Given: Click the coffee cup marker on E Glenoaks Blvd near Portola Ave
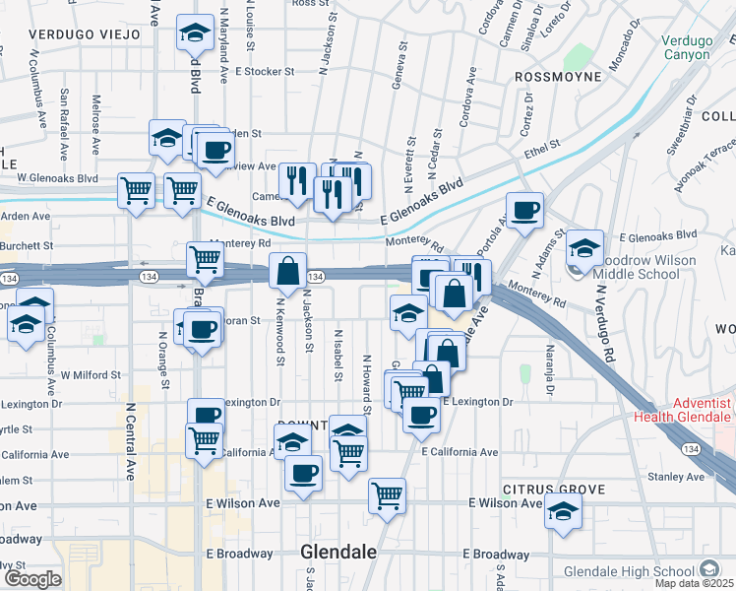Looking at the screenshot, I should (525, 211).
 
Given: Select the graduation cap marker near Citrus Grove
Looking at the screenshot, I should (563, 511).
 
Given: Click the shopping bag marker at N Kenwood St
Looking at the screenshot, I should (287, 270).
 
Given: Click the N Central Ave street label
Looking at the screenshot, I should (130, 439).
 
